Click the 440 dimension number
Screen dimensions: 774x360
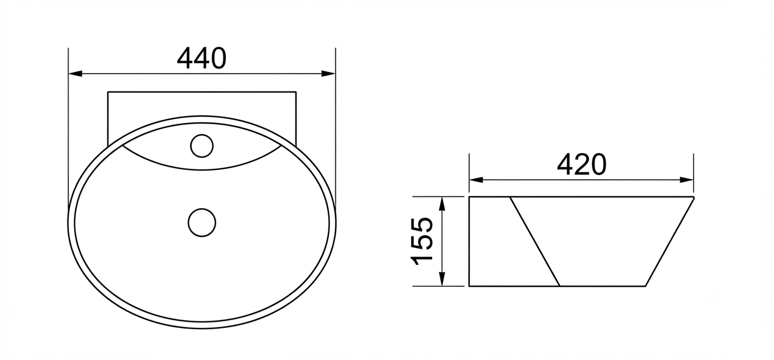[202, 58]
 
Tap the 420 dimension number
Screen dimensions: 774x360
[582, 165]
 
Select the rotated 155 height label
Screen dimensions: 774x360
[422, 241]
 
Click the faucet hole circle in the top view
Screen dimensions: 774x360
[202, 146]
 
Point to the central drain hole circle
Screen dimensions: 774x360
[202, 222]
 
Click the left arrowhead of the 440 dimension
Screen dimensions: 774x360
[75, 74]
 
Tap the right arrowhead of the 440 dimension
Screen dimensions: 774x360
[328, 74]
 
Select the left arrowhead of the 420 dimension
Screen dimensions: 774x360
[476, 180]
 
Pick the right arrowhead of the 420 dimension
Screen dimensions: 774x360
[687, 180]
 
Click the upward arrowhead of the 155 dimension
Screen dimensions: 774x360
[442, 204]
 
